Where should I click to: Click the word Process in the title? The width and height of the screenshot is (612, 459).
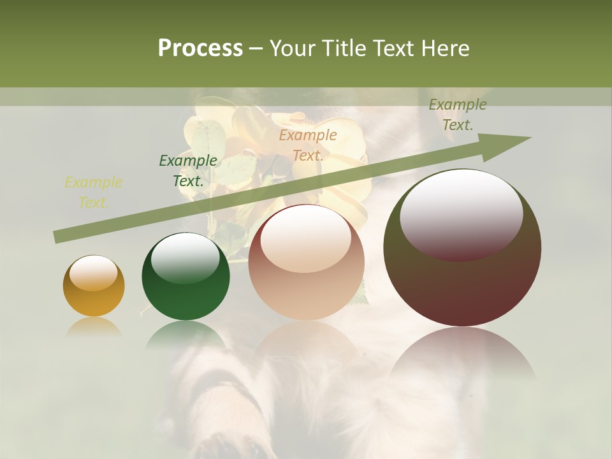200,48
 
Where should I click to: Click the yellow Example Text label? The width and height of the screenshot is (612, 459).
94,193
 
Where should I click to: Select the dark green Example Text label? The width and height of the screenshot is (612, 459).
188,170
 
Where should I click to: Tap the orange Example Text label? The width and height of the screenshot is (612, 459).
308,145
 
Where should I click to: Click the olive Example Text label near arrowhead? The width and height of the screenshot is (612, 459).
457,115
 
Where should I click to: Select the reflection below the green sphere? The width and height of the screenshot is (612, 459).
186,335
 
